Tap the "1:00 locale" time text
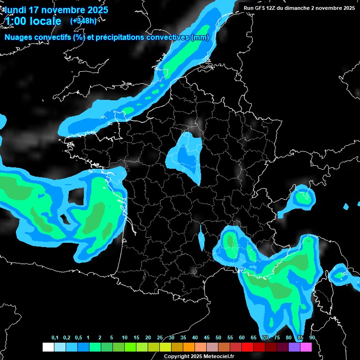pyautogui.click(x=33, y=21)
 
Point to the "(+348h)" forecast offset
pyautogui.click(x=83, y=21)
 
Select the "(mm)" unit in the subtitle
pyautogui.click(x=199, y=37)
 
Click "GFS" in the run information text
pyautogui.click(x=263, y=8)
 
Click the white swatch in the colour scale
pyautogui.click(x=48, y=347)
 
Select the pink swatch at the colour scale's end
pyautogui.click(x=306, y=347)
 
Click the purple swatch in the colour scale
pyautogui.click(x=294, y=347)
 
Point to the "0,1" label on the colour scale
pyautogui.click(x=55, y=338)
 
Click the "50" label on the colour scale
pyautogui.click(x=218, y=338)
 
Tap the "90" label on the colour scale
pyautogui.click(x=312, y=338)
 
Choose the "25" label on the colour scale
pyautogui.click(x=160, y=338)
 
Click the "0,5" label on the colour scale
pyautogui.click(x=78, y=338)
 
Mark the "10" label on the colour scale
pyautogui.click(x=125, y=338)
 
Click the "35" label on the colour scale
pyautogui.click(x=183, y=338)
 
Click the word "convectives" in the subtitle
pyautogui.click(x=165, y=37)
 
